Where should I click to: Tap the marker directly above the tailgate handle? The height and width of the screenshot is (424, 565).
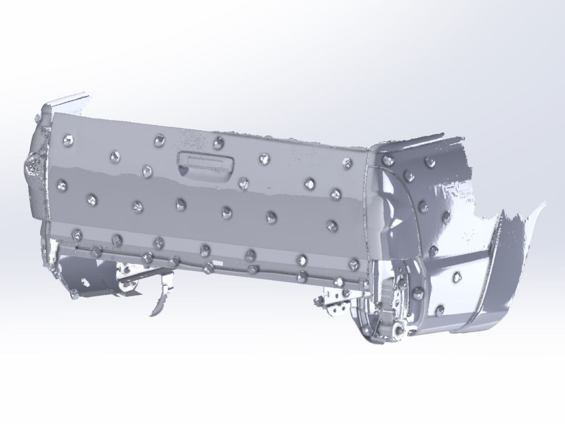(219, 141)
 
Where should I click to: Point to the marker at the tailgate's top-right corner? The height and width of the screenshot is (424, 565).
(347, 163)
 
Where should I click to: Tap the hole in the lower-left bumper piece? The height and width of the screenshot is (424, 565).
(84, 281)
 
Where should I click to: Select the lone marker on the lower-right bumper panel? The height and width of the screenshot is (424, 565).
(457, 277)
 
